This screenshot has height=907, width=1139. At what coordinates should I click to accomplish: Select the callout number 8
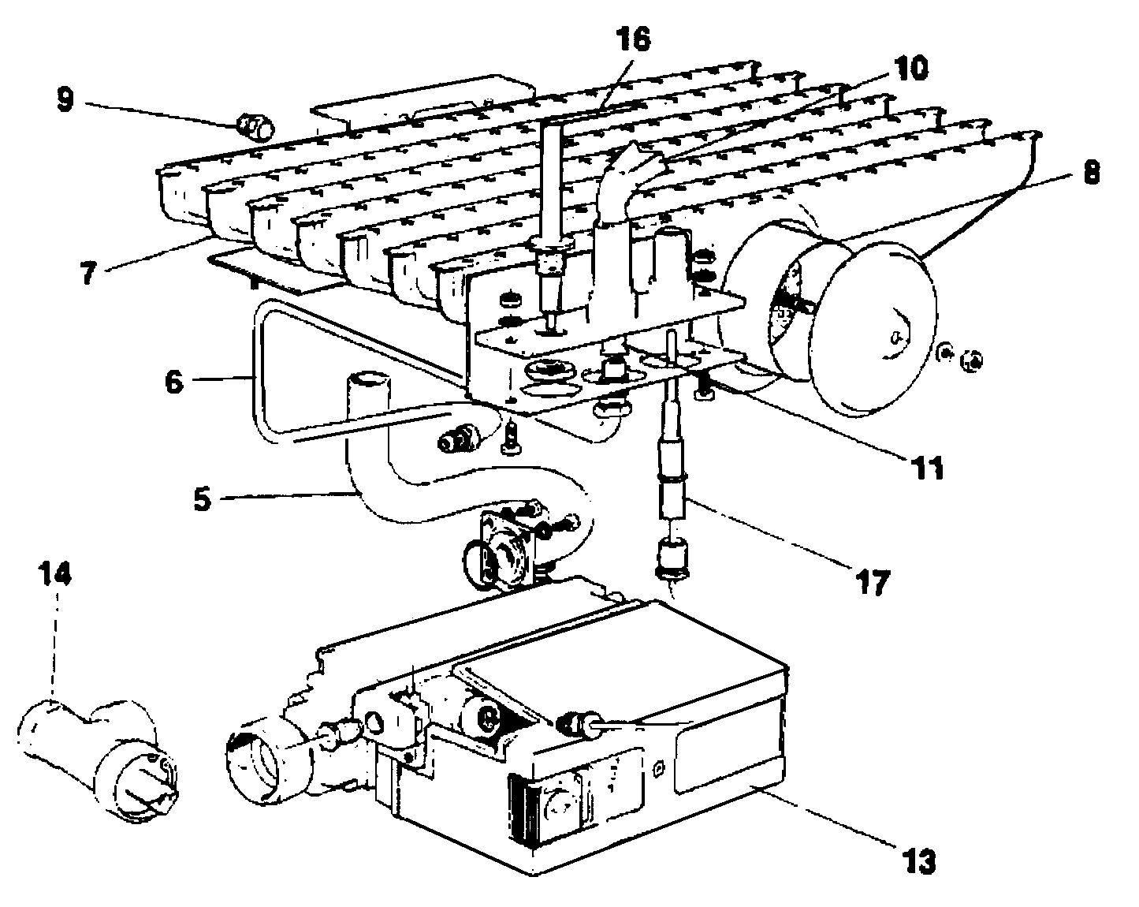(x=1092, y=172)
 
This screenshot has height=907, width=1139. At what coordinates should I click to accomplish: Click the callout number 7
(x=87, y=274)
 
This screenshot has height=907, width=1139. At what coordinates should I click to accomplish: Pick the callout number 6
(x=175, y=383)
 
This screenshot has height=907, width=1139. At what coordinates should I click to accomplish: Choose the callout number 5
(x=203, y=500)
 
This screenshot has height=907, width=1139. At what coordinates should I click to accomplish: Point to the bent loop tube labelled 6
(x=260, y=371)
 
